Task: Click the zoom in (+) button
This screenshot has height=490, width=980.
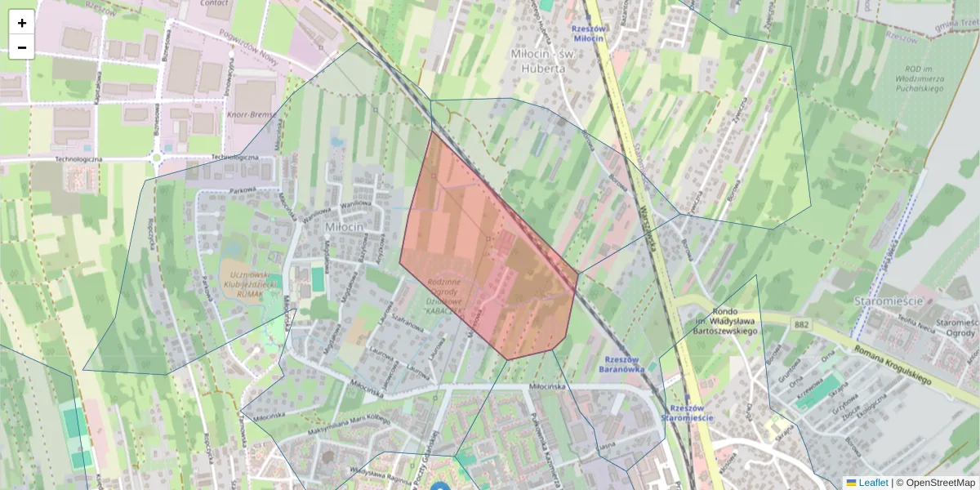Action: click(22, 23)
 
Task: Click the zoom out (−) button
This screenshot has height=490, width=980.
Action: click(22, 47)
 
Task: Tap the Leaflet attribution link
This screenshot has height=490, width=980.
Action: click(872, 483)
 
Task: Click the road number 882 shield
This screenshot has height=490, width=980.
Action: click(801, 325)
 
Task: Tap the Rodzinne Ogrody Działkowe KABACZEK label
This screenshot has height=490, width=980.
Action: click(444, 296)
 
